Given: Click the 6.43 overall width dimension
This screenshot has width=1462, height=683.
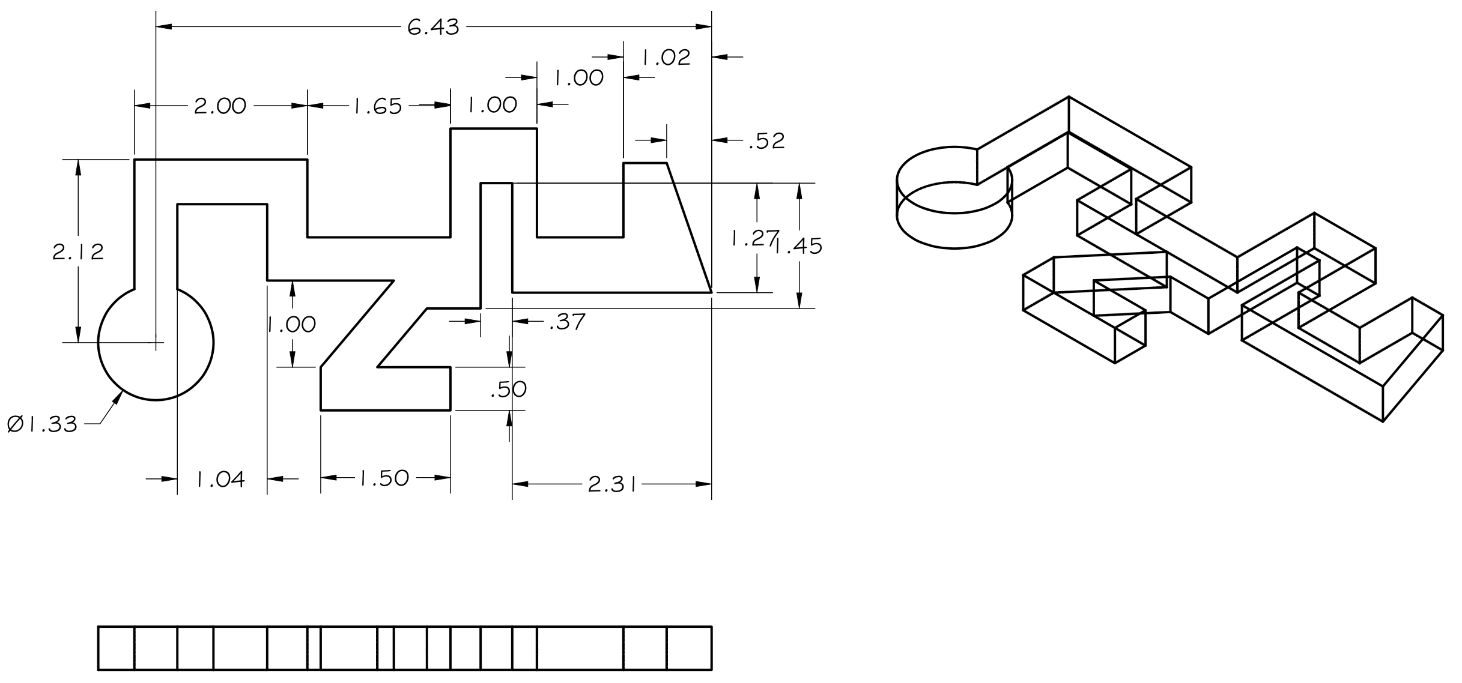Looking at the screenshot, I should click(x=433, y=28).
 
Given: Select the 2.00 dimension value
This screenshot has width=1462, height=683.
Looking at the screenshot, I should click(x=220, y=106).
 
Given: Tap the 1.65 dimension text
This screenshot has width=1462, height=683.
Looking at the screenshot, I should click(x=377, y=106).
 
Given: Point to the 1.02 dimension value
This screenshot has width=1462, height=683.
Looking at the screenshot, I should click(x=666, y=58).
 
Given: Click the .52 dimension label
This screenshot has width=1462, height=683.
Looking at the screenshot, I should click(x=766, y=141).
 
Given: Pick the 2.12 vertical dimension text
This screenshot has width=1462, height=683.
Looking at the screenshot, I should click(x=78, y=252).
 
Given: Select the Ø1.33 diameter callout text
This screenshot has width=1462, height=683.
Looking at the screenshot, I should click(x=42, y=425).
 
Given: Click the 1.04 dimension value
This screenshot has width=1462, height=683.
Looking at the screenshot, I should click(x=220, y=480).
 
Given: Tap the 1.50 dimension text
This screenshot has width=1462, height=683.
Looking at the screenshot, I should click(x=384, y=478).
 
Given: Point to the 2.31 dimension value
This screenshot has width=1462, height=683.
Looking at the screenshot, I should click(x=612, y=485).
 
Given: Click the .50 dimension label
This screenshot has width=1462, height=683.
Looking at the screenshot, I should click(x=509, y=390).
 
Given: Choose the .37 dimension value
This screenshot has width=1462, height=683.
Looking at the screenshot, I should click(x=567, y=322).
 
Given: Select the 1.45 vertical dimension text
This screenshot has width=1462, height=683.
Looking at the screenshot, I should click(x=799, y=247).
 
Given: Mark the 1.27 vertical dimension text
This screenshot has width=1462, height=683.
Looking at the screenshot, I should click(x=754, y=239).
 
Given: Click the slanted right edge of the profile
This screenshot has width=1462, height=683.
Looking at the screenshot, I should click(x=690, y=228).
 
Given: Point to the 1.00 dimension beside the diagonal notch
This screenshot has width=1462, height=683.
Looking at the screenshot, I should click(x=292, y=325).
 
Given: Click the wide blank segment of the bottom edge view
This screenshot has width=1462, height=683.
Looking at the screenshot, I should click(x=580, y=648).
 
